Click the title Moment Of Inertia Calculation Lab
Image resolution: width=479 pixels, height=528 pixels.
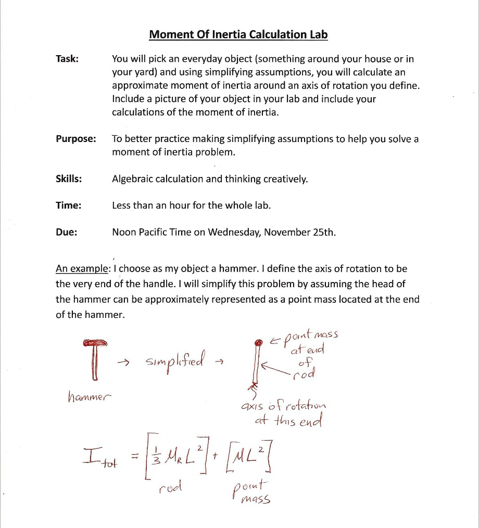[238, 35]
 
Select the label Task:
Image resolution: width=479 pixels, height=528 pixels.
[67, 59]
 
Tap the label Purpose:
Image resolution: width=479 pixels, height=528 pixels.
[76, 139]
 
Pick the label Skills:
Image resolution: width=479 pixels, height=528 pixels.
[69, 179]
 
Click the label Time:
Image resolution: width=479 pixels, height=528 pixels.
[68, 205]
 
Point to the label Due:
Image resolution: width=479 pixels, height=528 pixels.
[67, 232]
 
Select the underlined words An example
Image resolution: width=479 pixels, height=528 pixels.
[82, 269]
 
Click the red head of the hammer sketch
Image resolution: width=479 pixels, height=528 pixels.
[94, 342]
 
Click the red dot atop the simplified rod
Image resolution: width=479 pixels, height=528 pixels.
[257, 343]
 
